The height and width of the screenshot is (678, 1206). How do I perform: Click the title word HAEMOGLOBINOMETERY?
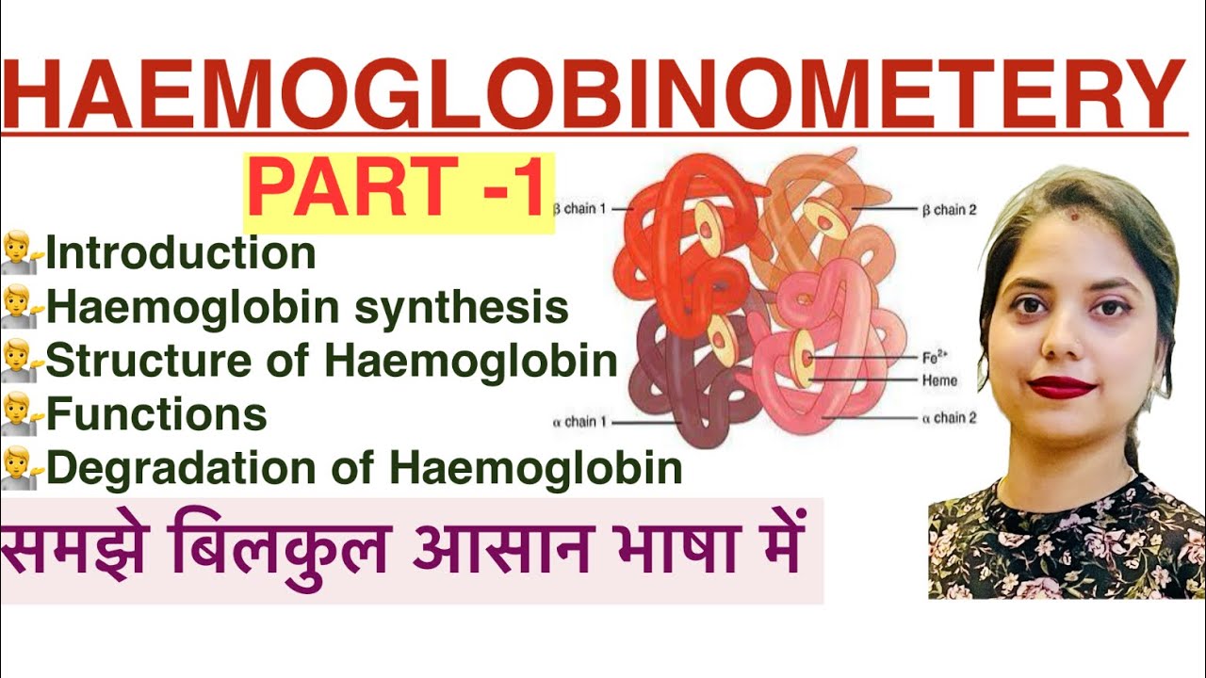tap(594, 94)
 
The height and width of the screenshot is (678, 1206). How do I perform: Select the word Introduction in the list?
tap(181, 254)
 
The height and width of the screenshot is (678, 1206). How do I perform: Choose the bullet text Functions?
tap(156, 414)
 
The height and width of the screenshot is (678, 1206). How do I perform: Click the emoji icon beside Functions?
tap(21, 414)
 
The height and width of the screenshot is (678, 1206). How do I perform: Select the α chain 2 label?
tap(948, 418)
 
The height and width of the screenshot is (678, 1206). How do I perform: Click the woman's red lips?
tap(1061, 386)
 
